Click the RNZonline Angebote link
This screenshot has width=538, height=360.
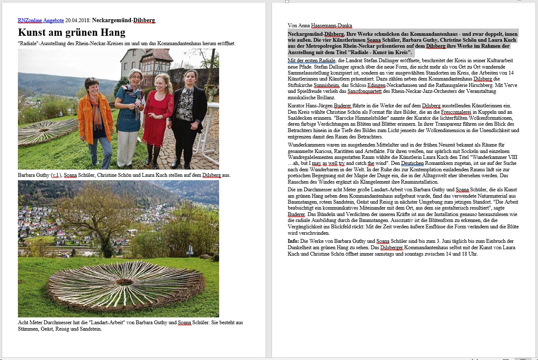(41, 20)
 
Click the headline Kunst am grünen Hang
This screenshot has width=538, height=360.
(72, 32)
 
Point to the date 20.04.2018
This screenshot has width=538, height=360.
(78, 20)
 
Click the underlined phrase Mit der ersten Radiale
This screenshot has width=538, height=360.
(312, 60)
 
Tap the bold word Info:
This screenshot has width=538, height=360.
(294, 241)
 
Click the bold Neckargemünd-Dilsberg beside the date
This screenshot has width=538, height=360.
(124, 20)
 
